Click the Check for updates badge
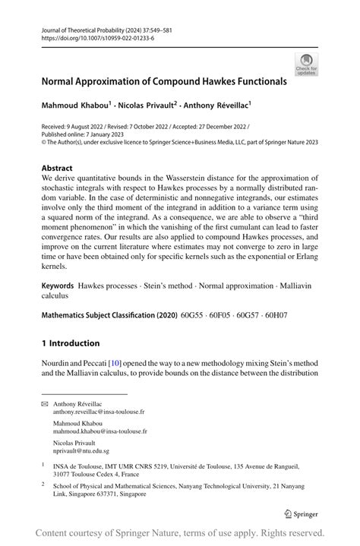tap(308, 64)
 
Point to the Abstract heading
tap(57, 168)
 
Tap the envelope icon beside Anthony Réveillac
tap(44, 404)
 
